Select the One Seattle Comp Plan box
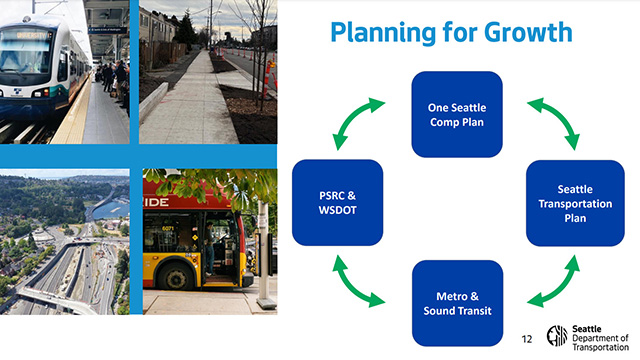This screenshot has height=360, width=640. pyautogui.click(x=457, y=114)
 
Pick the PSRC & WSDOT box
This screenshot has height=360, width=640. pyautogui.click(x=337, y=203)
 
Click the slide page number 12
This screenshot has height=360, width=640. pyautogui.click(x=526, y=339)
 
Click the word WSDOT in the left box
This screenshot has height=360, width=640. pyautogui.click(x=337, y=211)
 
